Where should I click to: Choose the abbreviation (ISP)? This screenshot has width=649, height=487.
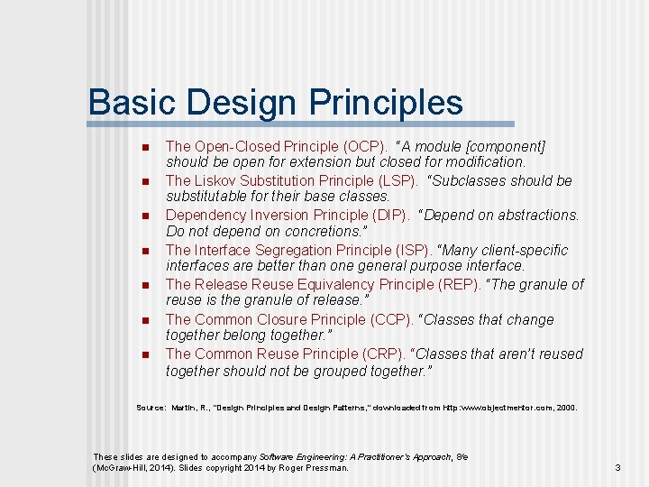(417, 250)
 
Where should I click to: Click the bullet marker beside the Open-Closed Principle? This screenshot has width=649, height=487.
(144, 147)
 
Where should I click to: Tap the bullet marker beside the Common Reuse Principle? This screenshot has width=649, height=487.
(144, 354)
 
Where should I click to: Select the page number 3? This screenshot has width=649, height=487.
(617, 467)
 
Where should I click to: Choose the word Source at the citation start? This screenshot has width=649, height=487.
(150, 408)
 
